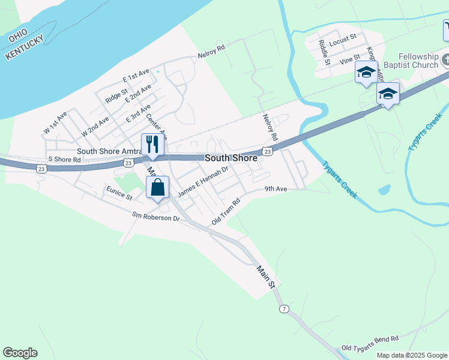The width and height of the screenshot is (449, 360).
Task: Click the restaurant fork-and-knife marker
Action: pyautogui.click(x=152, y=145)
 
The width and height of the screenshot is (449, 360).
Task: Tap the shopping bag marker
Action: pyautogui.click(x=157, y=187)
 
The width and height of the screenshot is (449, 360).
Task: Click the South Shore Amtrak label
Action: pyautogui.click(x=108, y=152)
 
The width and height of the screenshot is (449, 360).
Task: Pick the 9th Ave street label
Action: pyautogui.click(x=277, y=189)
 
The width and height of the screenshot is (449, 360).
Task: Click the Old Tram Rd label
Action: pyautogui.click(x=226, y=212)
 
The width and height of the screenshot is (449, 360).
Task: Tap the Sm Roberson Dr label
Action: pyautogui.click(x=156, y=217)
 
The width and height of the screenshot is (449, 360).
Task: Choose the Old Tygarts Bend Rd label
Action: pyautogui.click(x=370, y=343)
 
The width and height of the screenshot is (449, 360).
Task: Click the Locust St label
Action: pyautogui.click(x=343, y=38)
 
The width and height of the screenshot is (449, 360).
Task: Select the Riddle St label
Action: pyautogui.click(x=324, y=52)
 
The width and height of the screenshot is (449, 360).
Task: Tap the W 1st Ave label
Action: pyautogui.click(x=55, y=122)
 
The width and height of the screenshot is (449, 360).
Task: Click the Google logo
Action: pyautogui.click(x=20, y=353)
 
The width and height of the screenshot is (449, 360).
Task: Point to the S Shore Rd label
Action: pyautogui.click(x=64, y=160)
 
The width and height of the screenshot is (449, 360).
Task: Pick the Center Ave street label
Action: pyautogui.click(x=155, y=125)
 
